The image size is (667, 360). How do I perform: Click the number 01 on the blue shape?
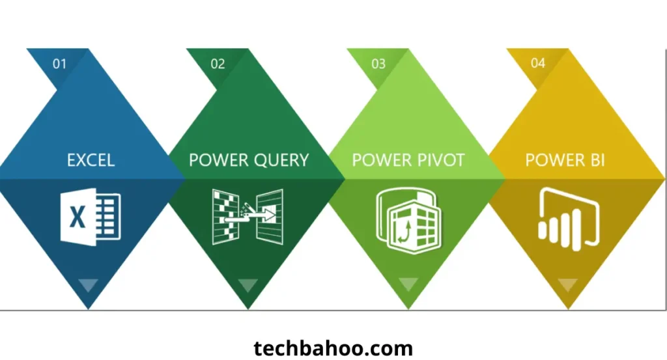point(60,64)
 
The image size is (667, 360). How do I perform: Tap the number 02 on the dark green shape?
point(218,64)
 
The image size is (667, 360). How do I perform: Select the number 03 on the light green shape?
point(378,64)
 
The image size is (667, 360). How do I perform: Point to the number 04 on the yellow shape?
point(538,63)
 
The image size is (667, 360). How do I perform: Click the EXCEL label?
point(91,159)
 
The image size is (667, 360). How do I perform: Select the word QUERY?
point(278,160)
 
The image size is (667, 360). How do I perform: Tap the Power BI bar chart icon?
point(568,215)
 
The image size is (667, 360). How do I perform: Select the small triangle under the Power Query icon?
point(248,285)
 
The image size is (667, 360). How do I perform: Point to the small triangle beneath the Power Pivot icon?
point(408,284)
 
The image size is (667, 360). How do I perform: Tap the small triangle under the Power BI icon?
point(568,284)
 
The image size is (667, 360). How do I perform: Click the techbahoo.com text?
point(333,348)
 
